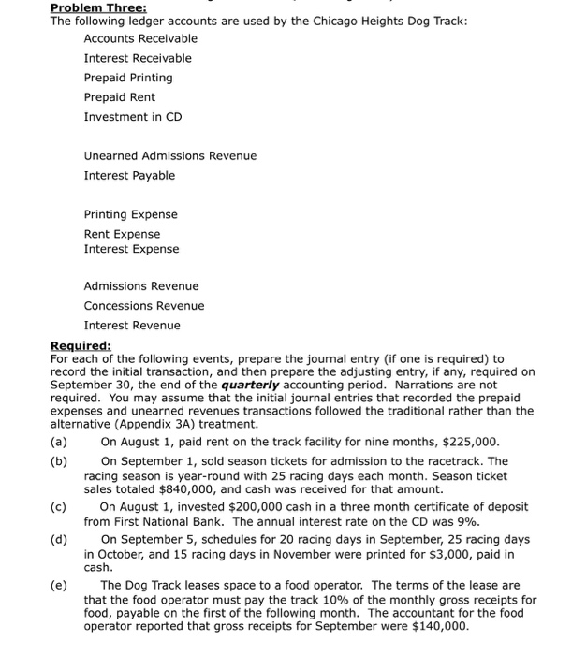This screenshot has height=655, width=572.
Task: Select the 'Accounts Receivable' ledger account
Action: (140, 38)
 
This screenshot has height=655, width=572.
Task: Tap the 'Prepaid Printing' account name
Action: (128, 78)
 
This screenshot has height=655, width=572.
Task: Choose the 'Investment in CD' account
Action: (133, 117)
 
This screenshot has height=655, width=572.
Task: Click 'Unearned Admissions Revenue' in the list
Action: (169, 155)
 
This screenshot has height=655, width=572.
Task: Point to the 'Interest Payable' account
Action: (129, 175)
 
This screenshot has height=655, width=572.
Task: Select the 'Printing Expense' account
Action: (130, 214)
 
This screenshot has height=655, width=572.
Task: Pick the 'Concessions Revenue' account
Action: (143, 306)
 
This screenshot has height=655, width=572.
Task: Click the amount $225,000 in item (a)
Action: (473, 442)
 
